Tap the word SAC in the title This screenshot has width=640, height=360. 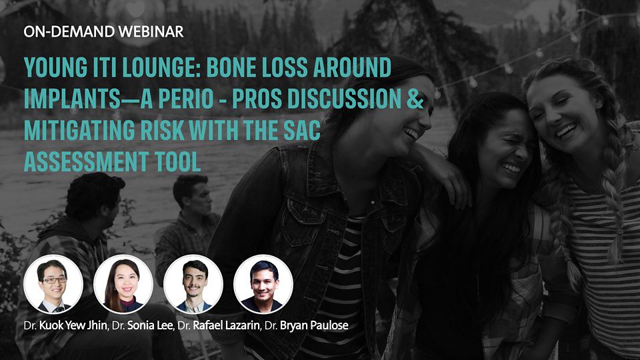[303, 130]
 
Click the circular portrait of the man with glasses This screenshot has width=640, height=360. [53, 284]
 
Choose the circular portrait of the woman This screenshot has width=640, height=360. [123, 284]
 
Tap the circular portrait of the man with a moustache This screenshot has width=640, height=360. [193, 284]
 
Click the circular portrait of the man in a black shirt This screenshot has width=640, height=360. [263, 284]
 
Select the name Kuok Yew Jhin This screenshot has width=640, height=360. [73, 326]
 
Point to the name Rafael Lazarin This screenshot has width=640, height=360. [226, 325]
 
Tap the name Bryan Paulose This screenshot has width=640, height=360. [314, 325]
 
